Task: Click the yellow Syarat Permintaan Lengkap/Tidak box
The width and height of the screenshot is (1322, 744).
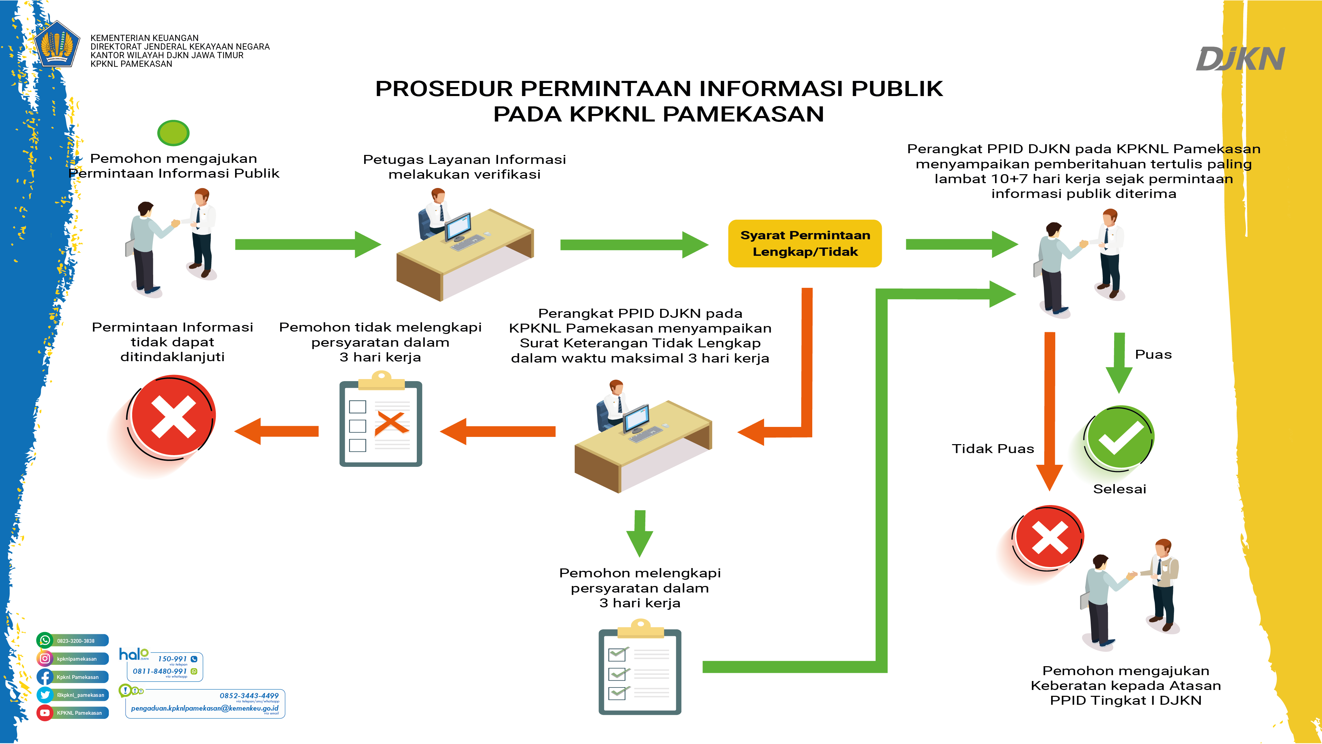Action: click(805, 243)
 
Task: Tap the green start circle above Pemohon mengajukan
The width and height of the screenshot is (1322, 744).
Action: click(173, 133)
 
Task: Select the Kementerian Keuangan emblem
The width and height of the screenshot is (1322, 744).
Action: click(57, 45)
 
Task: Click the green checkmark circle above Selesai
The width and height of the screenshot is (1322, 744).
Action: click(1119, 438)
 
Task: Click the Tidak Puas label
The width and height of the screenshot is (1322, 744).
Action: click(993, 449)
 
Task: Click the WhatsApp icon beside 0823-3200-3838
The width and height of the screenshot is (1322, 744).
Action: click(45, 640)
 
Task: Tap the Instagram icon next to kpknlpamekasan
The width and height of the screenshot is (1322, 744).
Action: click(45, 658)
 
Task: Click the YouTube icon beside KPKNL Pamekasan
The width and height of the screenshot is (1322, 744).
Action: click(45, 713)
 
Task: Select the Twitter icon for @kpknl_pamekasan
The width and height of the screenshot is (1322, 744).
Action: click(45, 695)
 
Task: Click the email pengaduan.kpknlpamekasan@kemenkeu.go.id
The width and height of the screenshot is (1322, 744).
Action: click(204, 709)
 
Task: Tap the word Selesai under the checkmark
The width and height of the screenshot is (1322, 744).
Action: click(1119, 489)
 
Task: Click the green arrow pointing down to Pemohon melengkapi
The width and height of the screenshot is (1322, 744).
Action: click(639, 534)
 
